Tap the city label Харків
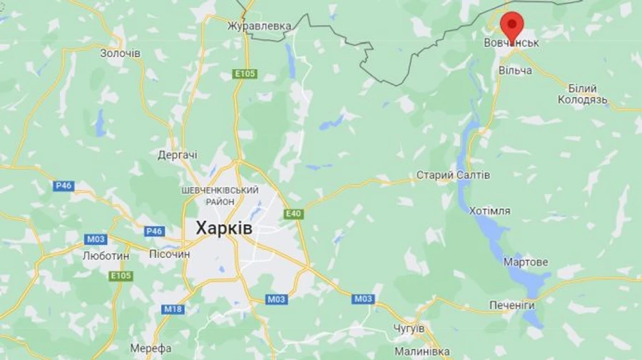[x=223, y=228]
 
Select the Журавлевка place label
[x=259, y=26]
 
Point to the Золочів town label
[x=121, y=53]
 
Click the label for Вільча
[x=515, y=71]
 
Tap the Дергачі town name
[x=178, y=155]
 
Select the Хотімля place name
[x=489, y=211]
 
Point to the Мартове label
[x=526, y=262]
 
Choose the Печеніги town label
[x=511, y=305]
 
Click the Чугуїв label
[x=409, y=328]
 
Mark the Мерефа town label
[x=151, y=348]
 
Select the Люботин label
[x=106, y=255]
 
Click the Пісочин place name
[x=170, y=254]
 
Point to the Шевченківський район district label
[x=220, y=195]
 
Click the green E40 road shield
[x=293, y=214]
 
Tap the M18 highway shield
[x=173, y=309]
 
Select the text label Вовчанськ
[x=511, y=43]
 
